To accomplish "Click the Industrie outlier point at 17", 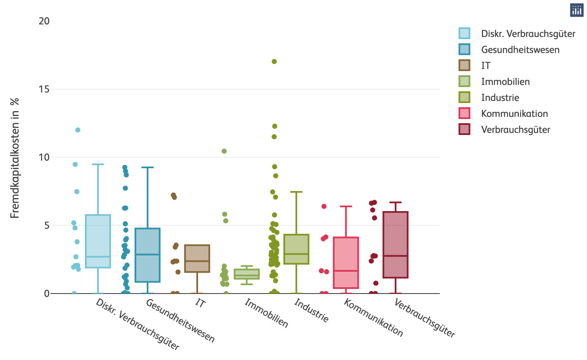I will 274,61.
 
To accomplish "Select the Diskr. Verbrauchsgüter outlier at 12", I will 78,130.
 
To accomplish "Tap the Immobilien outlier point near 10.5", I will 225,151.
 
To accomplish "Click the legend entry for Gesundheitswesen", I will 520,50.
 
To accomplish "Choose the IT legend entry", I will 486,66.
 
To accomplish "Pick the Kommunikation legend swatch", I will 464,114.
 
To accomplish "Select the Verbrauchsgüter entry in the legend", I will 516,130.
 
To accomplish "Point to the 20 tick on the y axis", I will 44,21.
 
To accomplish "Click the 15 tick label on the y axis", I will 44,89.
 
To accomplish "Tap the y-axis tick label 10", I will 44,157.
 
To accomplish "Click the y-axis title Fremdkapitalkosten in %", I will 15,158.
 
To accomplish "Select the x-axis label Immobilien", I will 267,313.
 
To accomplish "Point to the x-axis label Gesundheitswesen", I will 180,321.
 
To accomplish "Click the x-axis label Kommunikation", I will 373,318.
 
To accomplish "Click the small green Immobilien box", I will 247,274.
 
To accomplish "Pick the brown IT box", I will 197,258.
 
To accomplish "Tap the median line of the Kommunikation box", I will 346,271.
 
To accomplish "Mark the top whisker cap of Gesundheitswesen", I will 148,167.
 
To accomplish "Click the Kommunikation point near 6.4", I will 324,206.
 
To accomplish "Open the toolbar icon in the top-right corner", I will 576,11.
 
